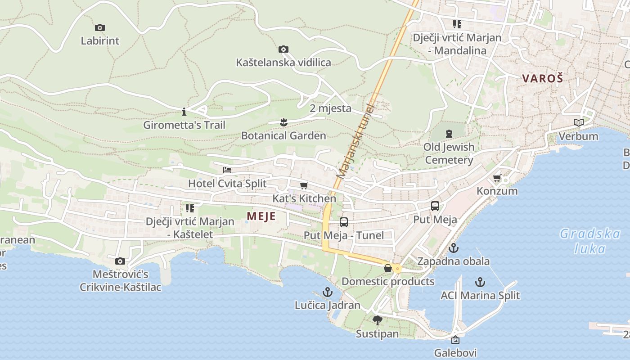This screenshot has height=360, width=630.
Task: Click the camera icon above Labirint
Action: point(100,28)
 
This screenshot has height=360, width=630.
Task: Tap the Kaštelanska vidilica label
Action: point(283,63)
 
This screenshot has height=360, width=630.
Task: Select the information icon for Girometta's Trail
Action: point(184,111)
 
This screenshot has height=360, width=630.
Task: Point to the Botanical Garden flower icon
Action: point(283,122)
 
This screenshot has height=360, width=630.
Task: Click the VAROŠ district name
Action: point(543,78)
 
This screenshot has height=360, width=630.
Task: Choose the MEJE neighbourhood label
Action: point(261,216)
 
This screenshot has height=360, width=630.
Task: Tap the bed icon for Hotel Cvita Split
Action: point(227,170)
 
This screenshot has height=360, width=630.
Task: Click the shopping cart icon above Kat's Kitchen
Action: point(304,185)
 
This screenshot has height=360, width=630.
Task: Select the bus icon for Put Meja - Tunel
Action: point(344,222)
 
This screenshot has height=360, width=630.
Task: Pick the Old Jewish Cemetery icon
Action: point(449,134)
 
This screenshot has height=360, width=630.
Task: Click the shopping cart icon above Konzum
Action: point(497,178)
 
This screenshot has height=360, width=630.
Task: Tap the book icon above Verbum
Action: point(578,122)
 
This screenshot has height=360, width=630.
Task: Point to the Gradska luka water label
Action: point(590,241)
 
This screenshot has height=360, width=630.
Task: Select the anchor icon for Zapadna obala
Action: point(454,248)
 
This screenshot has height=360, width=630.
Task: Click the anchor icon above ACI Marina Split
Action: point(480,283)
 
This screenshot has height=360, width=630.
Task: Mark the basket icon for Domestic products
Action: point(388,269)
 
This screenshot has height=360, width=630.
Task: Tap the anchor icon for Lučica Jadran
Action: point(327,292)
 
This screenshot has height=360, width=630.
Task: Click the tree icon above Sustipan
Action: point(377,320)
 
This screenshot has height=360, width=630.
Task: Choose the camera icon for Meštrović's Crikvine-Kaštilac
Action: point(120,261)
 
